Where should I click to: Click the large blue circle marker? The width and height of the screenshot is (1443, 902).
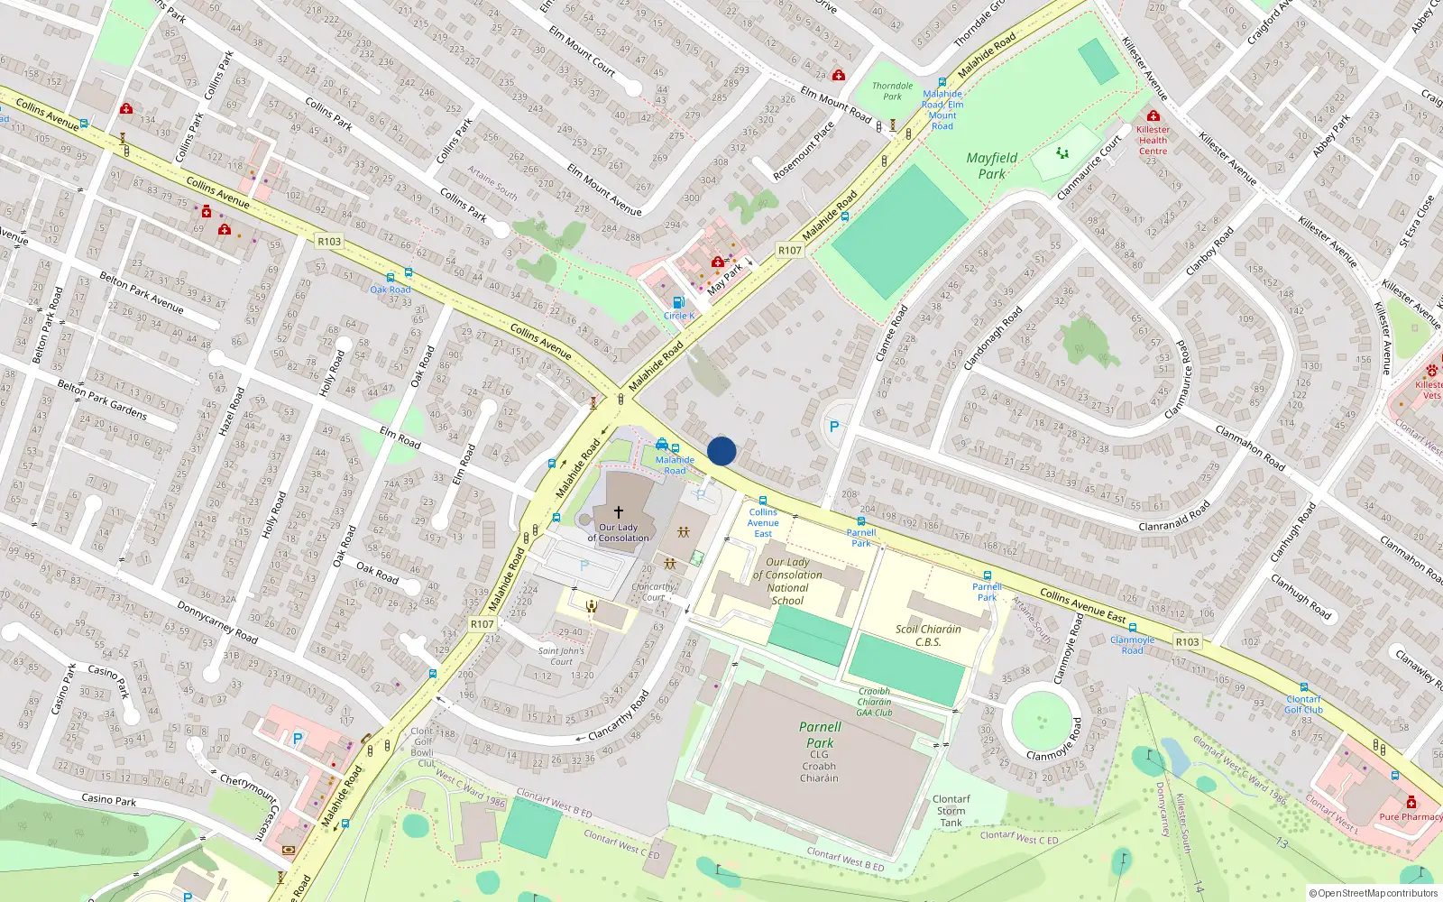pyautogui.click(x=721, y=451)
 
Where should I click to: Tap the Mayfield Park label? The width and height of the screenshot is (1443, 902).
pyautogui.click(x=991, y=166)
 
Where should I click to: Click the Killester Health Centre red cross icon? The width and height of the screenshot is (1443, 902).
pyautogui.click(x=1153, y=116)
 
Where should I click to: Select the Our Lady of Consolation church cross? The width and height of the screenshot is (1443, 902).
pyautogui.click(x=619, y=511)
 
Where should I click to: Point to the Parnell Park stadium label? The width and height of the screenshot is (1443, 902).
pyautogui.click(x=820, y=735)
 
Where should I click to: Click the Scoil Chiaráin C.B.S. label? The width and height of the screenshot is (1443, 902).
pyautogui.click(x=928, y=636)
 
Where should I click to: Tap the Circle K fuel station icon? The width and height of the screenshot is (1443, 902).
pyautogui.click(x=678, y=303)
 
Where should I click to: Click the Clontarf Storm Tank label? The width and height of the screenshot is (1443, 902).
pyautogui.click(x=951, y=811)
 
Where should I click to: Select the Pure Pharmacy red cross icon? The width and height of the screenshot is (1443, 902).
pyautogui.click(x=1411, y=802)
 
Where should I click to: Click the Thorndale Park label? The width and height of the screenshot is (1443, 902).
pyautogui.click(x=892, y=91)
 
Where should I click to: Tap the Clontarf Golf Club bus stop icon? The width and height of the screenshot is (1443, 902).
pyautogui.click(x=1303, y=687)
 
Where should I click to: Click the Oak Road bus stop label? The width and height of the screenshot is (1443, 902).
pyautogui.click(x=391, y=290)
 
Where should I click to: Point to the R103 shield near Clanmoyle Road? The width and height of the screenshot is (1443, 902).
pyautogui.click(x=1187, y=642)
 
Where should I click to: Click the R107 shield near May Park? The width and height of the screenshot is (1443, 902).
pyautogui.click(x=789, y=251)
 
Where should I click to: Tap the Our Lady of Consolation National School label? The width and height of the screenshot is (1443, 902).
pyautogui.click(x=787, y=581)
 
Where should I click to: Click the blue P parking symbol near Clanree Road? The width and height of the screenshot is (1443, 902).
pyautogui.click(x=834, y=427)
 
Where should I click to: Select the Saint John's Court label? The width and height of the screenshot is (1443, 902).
pyautogui.click(x=561, y=656)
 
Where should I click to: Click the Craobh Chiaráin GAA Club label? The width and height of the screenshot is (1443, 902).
pyautogui.click(x=874, y=702)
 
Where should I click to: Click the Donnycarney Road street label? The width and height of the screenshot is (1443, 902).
pyautogui.click(x=216, y=622)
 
